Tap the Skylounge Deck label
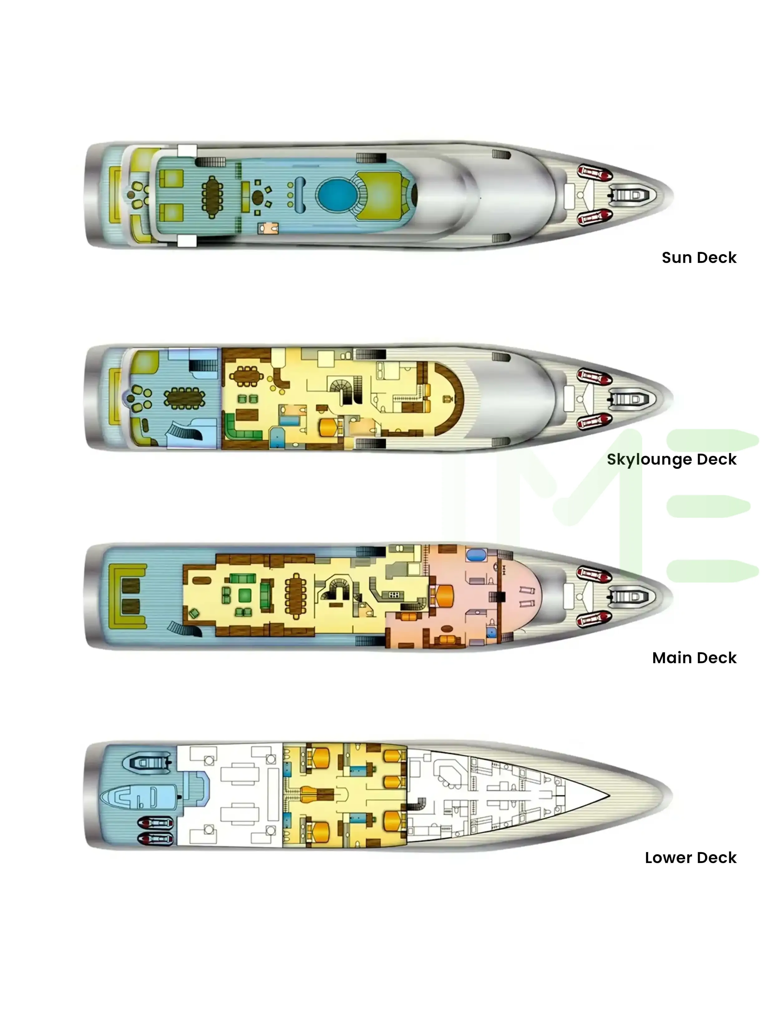click(671, 459)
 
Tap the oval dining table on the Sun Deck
click(212, 197)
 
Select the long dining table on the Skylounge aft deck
click(184, 398)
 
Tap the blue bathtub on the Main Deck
click(476, 555)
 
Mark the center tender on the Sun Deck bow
click(631, 195)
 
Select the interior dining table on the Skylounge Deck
click(246, 376)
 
